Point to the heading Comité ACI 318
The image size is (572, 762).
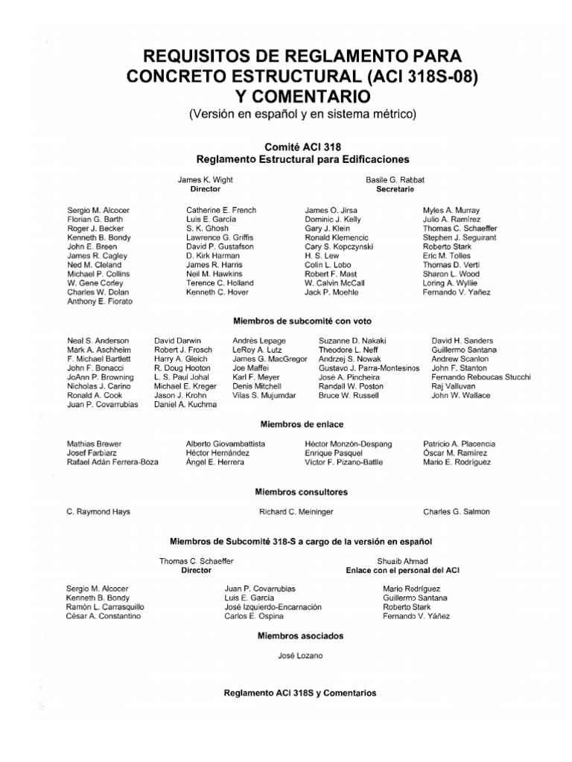point(302,147)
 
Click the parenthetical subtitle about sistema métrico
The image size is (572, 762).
point(301,114)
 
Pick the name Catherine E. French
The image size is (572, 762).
point(221,211)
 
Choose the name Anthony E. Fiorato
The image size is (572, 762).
point(100,301)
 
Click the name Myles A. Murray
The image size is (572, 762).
point(451,211)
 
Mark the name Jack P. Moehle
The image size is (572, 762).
point(331,292)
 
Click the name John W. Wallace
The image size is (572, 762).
point(461,395)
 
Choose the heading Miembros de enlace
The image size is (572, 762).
point(301,423)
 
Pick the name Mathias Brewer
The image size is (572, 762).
point(95,444)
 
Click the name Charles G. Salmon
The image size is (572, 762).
point(456,512)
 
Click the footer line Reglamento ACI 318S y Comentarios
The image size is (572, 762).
point(300,693)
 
